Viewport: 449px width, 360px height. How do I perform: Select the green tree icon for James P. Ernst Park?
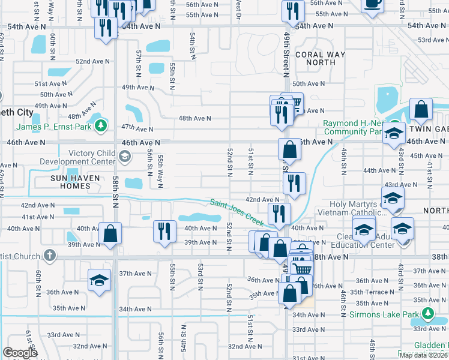click(101, 126)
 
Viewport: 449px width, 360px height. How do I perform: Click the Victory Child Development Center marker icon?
click(125, 157)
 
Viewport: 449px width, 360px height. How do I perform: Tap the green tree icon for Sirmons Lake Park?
click(427, 314)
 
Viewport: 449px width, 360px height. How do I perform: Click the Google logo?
click(20, 353)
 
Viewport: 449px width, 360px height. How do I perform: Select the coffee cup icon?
click(372, 3)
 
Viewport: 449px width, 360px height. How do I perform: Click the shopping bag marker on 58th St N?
click(110, 233)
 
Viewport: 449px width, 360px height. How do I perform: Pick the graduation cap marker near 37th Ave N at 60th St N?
click(100, 280)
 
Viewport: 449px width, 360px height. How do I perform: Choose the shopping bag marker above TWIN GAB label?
click(421, 109)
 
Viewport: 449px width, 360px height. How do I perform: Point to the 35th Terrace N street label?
click(373, 292)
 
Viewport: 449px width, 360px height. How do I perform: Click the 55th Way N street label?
click(161, 172)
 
